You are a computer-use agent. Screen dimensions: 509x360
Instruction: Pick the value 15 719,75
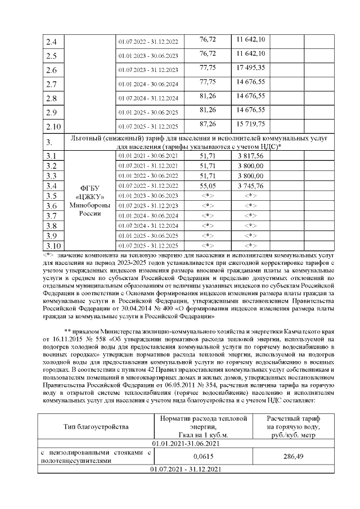point(251,124)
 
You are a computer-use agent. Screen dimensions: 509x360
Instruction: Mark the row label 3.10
point(53,246)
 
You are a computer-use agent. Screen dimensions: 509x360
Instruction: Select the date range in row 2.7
point(147,85)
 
